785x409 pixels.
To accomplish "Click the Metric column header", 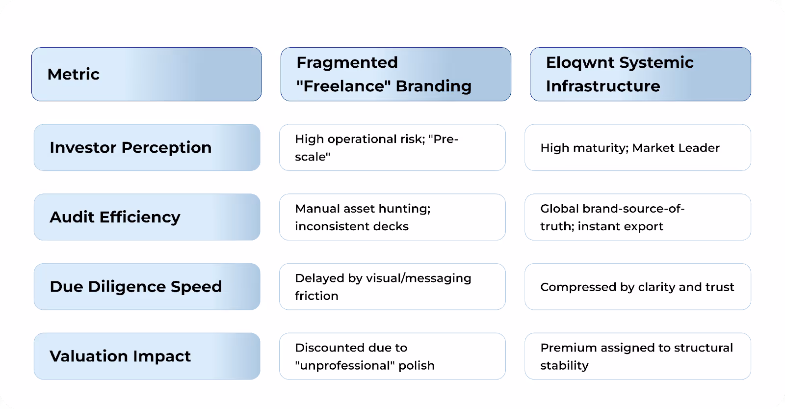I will (74, 74).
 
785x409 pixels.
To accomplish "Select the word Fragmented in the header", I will (347, 62).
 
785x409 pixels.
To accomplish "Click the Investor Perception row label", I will (131, 147).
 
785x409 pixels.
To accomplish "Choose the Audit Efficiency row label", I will (115, 217).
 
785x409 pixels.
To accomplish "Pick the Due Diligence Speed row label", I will (136, 287).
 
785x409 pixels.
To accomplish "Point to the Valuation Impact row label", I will (120, 356).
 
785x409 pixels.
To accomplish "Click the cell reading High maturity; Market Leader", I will (629, 148).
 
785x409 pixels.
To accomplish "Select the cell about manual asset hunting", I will (363, 217).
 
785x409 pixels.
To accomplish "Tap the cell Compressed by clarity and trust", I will (637, 287).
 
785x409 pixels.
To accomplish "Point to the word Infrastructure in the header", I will (602, 86).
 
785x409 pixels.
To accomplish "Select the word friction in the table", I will (316, 296).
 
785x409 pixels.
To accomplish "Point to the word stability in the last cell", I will (564, 365).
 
